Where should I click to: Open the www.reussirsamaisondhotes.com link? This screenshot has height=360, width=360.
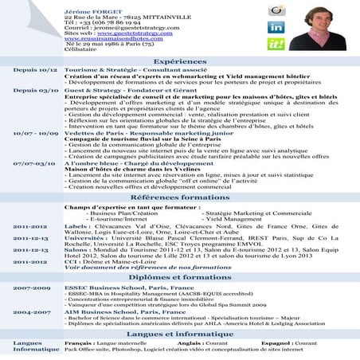click(107, 41)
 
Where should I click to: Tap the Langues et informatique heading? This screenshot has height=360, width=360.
click(180, 335)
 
